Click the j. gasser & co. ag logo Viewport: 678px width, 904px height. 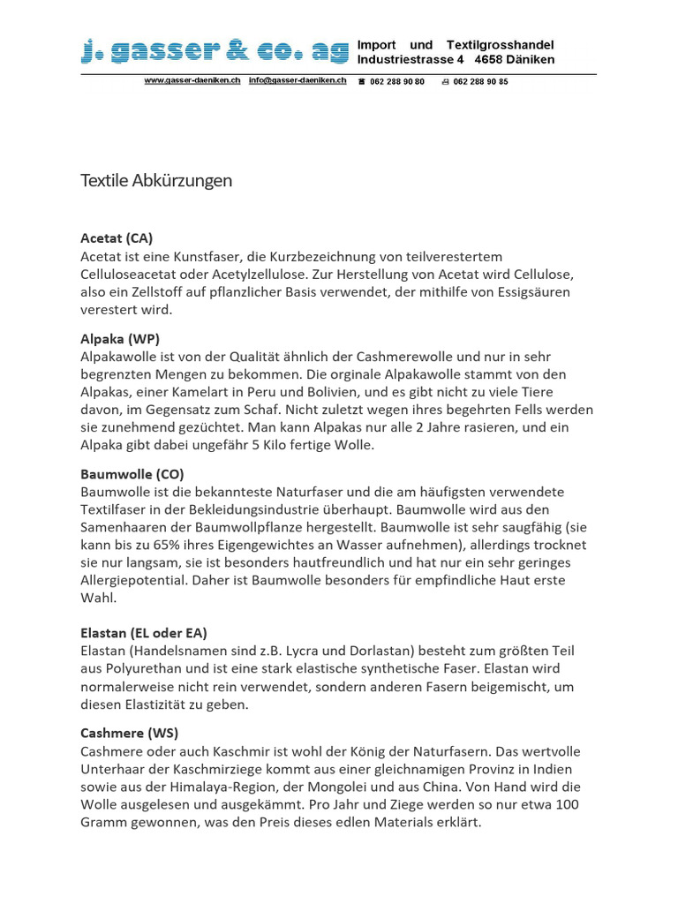click(215, 53)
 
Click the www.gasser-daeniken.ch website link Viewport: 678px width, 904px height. click(192, 80)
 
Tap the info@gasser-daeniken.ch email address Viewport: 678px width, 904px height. click(298, 80)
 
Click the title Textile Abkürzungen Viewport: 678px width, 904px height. click(156, 181)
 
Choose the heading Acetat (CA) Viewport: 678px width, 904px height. click(117, 238)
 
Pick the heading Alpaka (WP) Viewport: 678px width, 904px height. click(120, 338)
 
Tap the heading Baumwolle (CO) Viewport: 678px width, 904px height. click(132, 474)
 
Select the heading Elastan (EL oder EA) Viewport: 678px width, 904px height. click(144, 632)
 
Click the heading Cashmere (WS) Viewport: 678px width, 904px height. click(129, 733)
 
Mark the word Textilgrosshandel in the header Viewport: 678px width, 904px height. click(501, 45)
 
